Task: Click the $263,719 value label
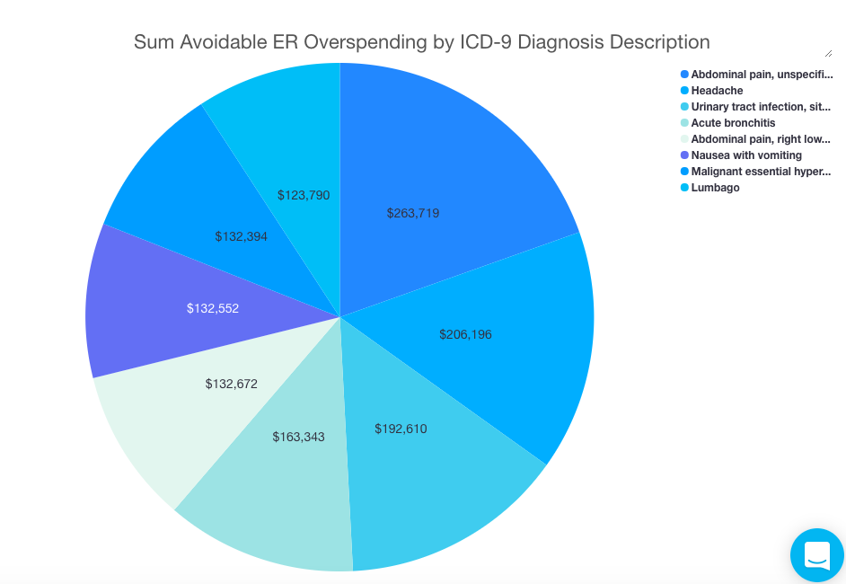pyautogui.click(x=413, y=213)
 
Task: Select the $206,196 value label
pyautogui.click(x=465, y=334)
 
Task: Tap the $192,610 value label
pyautogui.click(x=401, y=429)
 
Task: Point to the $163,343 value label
pyautogui.click(x=298, y=437)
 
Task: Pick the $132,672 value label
pyautogui.click(x=231, y=384)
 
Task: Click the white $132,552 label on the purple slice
pyautogui.click(x=213, y=307)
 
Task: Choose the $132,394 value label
pyautogui.click(x=241, y=236)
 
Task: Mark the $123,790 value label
pyautogui.click(x=304, y=194)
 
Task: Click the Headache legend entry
pyautogui.click(x=717, y=91)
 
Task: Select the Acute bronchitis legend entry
pyautogui.click(x=733, y=123)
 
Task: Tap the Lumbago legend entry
pyautogui.click(x=715, y=188)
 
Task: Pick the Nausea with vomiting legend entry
pyautogui.click(x=746, y=155)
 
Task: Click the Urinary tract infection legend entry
pyautogui.click(x=760, y=107)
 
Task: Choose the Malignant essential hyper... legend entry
pyautogui.click(x=760, y=172)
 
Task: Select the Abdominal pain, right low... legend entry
pyautogui.click(x=760, y=139)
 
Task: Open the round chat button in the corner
pyautogui.click(x=817, y=554)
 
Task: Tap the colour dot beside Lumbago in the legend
pyautogui.click(x=685, y=188)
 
